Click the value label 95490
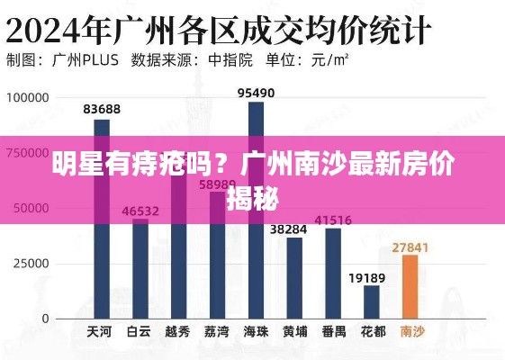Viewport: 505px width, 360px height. pyautogui.click(x=256, y=93)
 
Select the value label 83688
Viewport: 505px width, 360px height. pyautogui.click(x=102, y=110)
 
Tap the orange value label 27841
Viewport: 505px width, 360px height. pyautogui.click(x=410, y=246)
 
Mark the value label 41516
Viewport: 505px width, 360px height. pyautogui.click(x=333, y=220)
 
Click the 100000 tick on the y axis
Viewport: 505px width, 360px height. pyautogui.click(x=28, y=97)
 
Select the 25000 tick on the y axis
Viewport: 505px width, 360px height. pyautogui.click(x=32, y=264)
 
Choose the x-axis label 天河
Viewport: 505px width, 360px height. pyautogui.click(x=100, y=332)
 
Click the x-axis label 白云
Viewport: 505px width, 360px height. pyautogui.click(x=139, y=332)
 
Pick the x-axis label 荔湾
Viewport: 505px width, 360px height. pyautogui.click(x=216, y=332)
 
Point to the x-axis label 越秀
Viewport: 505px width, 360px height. pyautogui.click(x=177, y=332)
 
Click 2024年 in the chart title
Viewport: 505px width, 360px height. pyautogui.click(x=58, y=29)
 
